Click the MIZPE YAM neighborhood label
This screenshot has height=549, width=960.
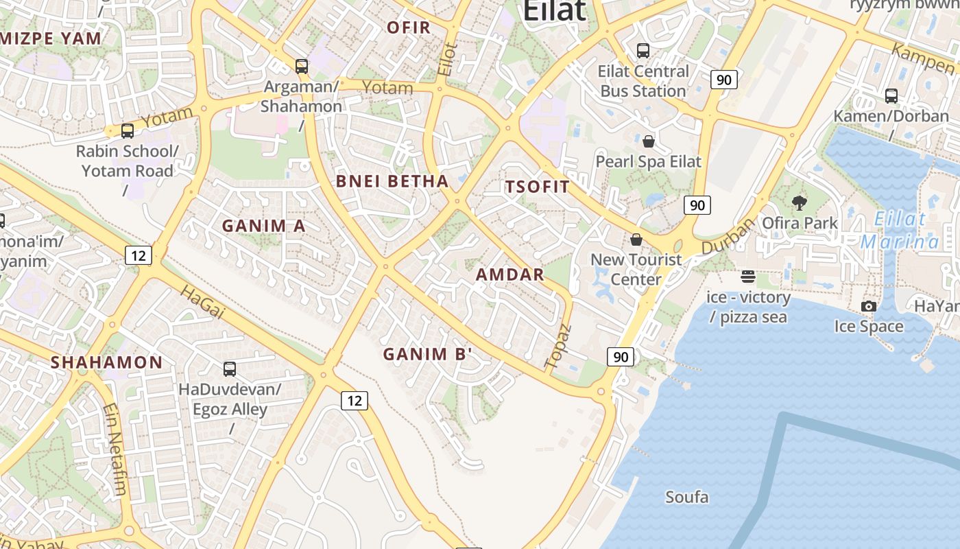[51, 38]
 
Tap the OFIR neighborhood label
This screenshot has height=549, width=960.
[409, 27]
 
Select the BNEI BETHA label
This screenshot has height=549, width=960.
[392, 181]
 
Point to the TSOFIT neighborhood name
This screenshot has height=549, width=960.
[538, 187]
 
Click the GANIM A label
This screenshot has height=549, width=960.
[264, 226]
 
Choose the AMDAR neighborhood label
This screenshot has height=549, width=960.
[510, 275]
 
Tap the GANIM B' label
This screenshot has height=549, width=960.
[428, 354]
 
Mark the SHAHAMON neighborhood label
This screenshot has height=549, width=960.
[107, 362]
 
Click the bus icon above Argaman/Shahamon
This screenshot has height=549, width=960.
[302, 67]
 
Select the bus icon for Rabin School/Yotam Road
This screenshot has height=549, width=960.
[128, 130]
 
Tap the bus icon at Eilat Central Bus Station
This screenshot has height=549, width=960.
[643, 50]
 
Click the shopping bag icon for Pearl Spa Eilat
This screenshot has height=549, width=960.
[649, 142]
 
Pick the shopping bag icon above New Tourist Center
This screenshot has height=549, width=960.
[636, 240]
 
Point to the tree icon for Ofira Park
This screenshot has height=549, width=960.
[800, 202]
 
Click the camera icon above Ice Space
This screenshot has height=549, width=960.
[869, 306]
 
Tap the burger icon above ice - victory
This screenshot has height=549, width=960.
[748, 277]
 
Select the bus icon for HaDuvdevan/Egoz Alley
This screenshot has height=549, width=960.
[230, 369]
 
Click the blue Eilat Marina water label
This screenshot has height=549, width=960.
[900, 231]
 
